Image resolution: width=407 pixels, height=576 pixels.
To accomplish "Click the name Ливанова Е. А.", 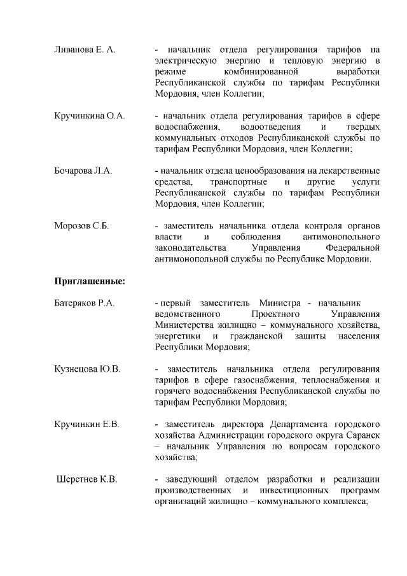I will tap(85, 49).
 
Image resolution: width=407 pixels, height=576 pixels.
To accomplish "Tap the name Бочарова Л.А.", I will tap(83, 171).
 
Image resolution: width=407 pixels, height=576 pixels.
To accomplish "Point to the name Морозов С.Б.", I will tap(81, 226).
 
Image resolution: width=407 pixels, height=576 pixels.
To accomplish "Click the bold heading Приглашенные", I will tap(88, 281).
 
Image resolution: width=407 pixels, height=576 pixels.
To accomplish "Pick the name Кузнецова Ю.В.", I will tap(87, 369).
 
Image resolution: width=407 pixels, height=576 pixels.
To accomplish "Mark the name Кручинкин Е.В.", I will tap(86, 424).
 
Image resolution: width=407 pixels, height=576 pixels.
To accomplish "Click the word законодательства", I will tap(190, 248).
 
